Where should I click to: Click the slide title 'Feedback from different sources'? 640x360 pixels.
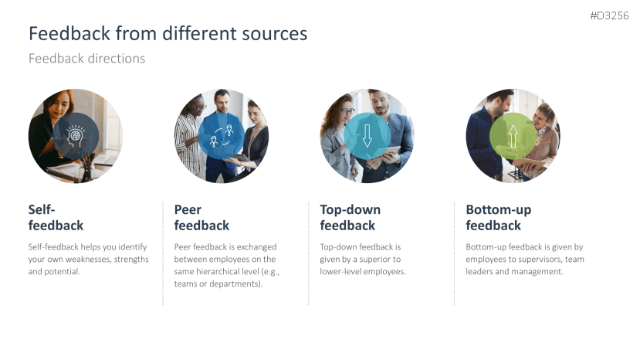tap(168, 33)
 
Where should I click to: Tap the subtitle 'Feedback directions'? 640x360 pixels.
tap(86, 59)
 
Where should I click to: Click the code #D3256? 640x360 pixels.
tap(610, 15)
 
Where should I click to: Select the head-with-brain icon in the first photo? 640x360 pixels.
tap(76, 136)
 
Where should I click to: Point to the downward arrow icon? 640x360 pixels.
tap(367, 136)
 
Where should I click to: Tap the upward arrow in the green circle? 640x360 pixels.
tap(513, 136)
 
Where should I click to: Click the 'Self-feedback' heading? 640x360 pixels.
tap(56, 217)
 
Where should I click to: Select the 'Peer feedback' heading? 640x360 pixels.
tap(201, 217)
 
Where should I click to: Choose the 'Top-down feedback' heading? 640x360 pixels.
tap(350, 217)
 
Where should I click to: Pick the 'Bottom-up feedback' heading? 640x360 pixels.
tap(498, 217)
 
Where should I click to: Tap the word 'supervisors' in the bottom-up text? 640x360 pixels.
tap(533, 260)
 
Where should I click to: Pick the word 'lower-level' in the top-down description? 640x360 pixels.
tap(343, 272)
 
